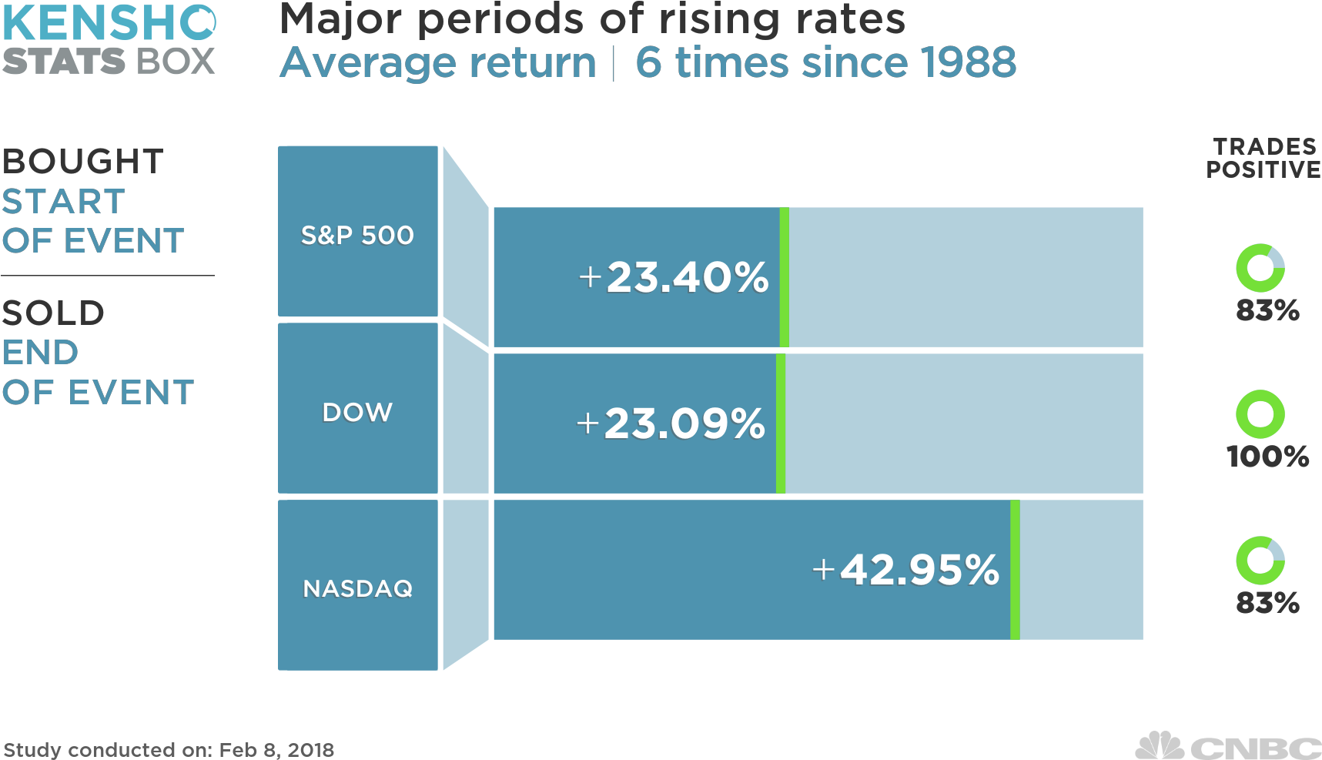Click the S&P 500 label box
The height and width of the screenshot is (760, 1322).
(x=357, y=232)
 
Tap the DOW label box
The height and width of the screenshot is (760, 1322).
(x=357, y=409)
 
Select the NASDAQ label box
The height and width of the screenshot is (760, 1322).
(x=357, y=586)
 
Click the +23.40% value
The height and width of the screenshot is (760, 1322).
(x=674, y=277)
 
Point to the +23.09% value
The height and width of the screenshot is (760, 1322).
(x=671, y=424)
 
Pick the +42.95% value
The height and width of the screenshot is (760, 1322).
(x=905, y=570)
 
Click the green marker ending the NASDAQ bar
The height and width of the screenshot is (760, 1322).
(x=1015, y=570)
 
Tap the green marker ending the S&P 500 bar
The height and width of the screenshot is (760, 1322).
(x=784, y=277)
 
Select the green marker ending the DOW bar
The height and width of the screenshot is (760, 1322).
(x=780, y=424)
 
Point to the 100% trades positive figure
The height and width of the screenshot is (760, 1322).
(x=1267, y=457)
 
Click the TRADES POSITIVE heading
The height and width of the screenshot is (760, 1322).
(x=1263, y=158)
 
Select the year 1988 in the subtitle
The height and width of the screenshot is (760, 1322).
(x=968, y=62)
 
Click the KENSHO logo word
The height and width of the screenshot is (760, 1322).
(x=109, y=23)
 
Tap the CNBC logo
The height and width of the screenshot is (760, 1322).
(x=1229, y=746)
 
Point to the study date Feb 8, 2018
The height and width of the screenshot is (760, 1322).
(x=276, y=749)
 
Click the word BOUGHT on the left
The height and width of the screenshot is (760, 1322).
(x=82, y=162)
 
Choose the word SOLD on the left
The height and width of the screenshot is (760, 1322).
(x=53, y=313)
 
